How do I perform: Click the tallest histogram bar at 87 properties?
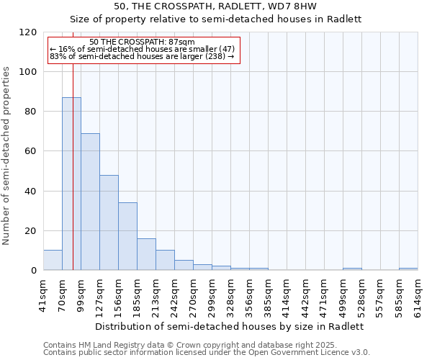71,184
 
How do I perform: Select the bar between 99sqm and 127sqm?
90,202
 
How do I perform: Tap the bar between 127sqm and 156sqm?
109,222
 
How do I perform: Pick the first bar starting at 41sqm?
53,261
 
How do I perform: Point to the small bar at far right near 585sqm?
408,269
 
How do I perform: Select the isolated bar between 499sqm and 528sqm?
352,269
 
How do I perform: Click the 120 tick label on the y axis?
28,32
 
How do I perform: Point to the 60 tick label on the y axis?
31,151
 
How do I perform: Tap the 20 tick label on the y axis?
31,231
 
